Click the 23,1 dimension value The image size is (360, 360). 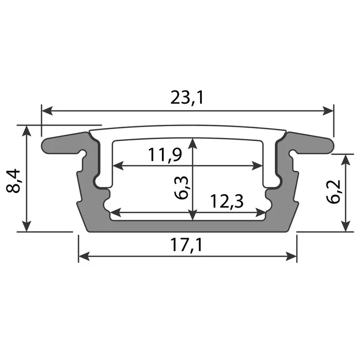click(187, 97)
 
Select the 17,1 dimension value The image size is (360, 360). click(187, 245)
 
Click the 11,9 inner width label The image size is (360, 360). click(164, 155)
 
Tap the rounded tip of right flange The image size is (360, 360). click(332, 145)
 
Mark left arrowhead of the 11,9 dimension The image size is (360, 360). click(117, 166)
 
